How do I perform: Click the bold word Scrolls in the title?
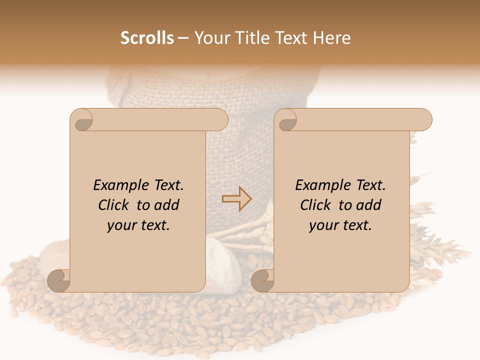click(x=147, y=38)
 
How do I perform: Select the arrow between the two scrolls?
click(x=237, y=198)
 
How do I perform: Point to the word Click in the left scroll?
click(x=114, y=205)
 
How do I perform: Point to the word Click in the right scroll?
click(x=316, y=205)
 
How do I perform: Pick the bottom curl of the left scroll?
click(x=59, y=280)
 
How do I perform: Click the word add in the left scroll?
click(x=167, y=205)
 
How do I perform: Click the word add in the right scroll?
click(x=369, y=205)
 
